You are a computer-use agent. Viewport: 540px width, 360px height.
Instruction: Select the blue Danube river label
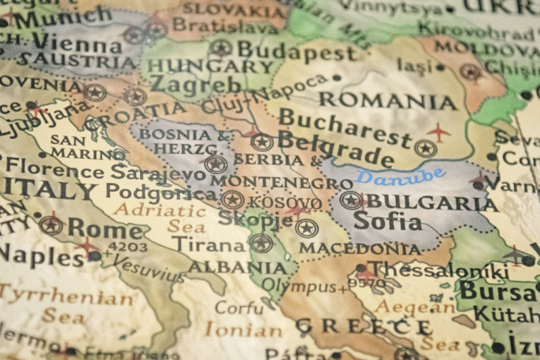(400, 175)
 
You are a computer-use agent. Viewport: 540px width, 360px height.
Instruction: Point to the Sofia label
(388, 222)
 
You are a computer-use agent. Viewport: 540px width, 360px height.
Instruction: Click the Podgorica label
(162, 193)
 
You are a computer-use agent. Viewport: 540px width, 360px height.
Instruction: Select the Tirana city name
(210, 244)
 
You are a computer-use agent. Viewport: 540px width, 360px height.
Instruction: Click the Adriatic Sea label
(162, 218)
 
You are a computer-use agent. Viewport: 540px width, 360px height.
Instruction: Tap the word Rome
(105, 227)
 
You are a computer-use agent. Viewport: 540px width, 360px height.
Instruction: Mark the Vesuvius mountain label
(148, 265)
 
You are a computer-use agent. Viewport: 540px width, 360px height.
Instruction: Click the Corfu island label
(239, 308)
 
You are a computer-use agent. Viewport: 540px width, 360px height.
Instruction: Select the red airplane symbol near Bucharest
(438, 131)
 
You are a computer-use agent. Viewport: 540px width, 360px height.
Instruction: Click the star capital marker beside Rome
(51, 225)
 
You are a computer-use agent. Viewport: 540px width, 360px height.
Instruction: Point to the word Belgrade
(335, 148)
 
